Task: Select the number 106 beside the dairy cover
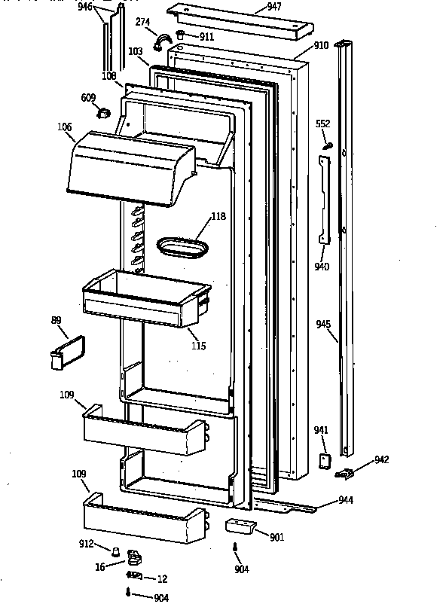[x=64, y=127]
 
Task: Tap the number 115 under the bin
[x=198, y=346]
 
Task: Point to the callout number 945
[x=323, y=325]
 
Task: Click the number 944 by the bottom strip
[x=346, y=499]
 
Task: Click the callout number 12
[x=161, y=578]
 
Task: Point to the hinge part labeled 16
[x=134, y=557]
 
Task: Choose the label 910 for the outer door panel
[x=321, y=45]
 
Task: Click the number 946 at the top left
[x=85, y=8]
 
